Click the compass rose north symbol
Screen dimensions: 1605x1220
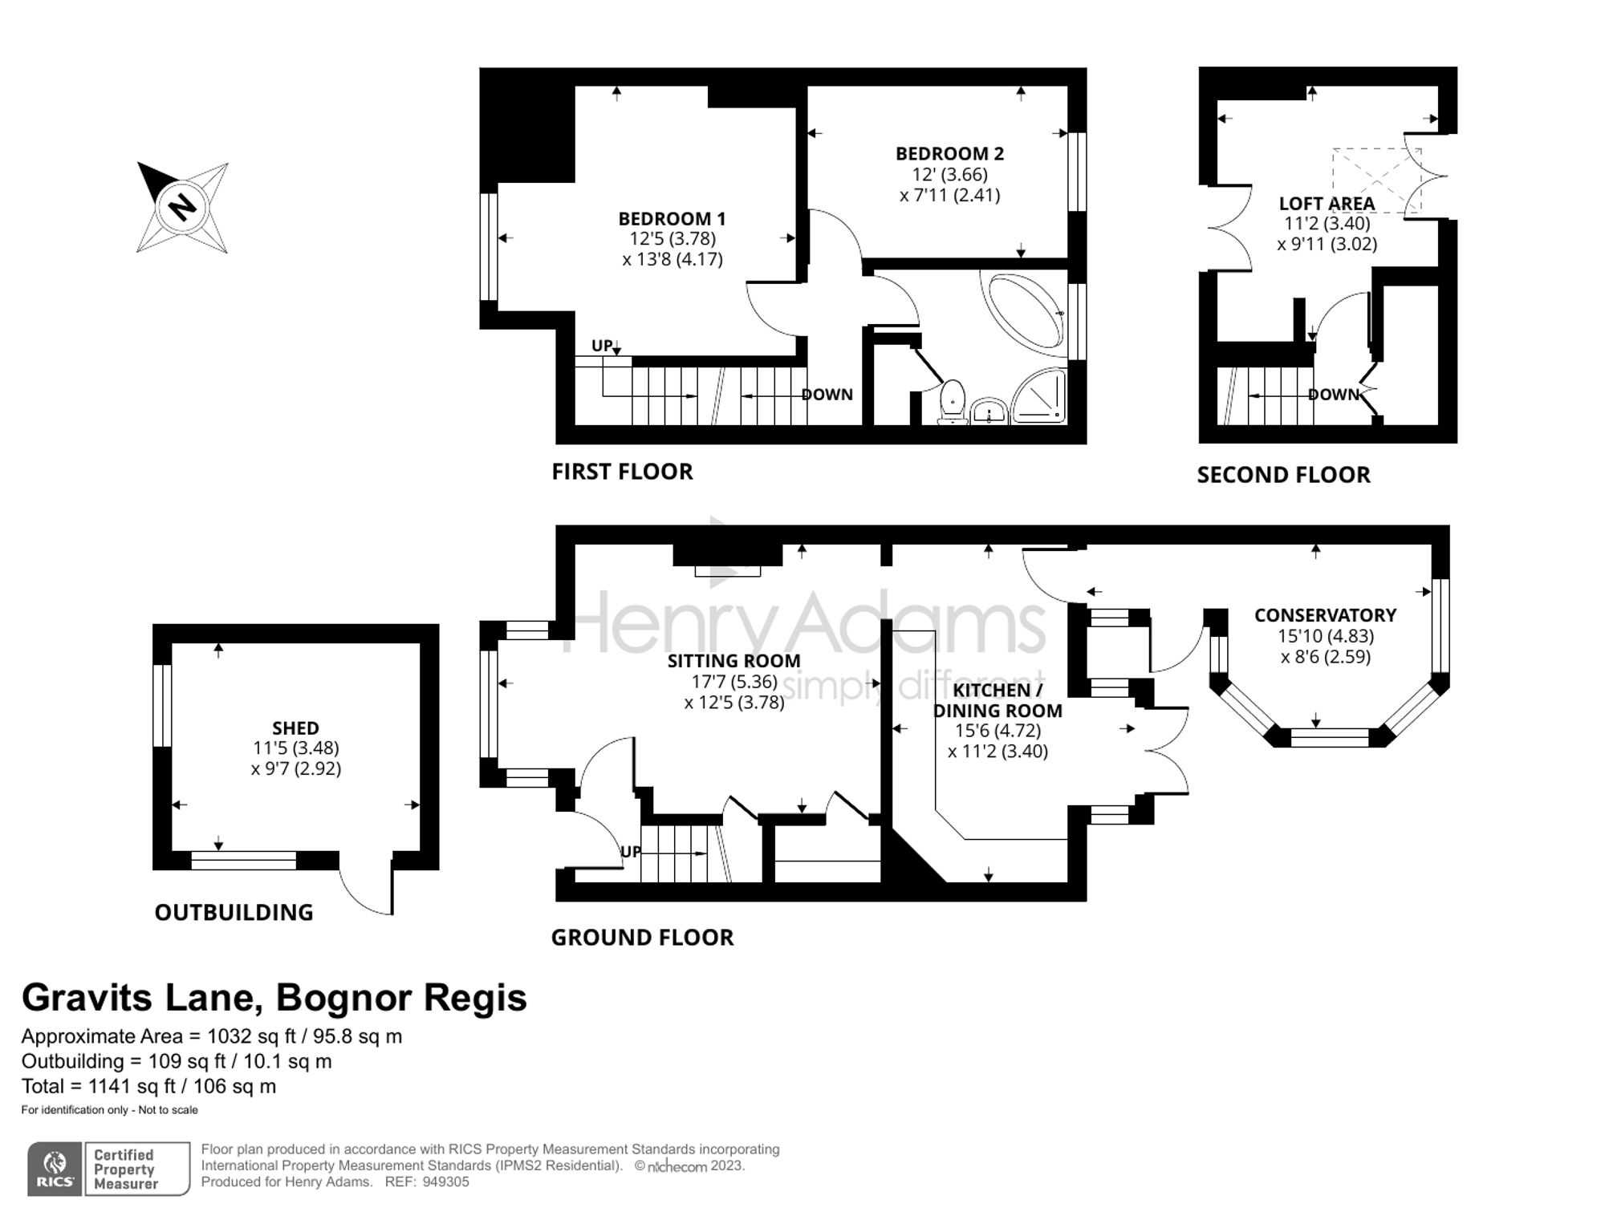click(x=182, y=208)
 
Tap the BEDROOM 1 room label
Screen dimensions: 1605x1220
click(x=672, y=218)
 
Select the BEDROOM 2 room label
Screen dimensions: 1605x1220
click(x=949, y=153)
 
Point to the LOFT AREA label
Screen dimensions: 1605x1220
click(x=1327, y=204)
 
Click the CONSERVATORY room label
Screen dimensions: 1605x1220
click(x=1325, y=615)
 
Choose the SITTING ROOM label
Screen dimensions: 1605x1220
click(x=733, y=661)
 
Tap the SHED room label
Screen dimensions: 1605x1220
click(x=295, y=728)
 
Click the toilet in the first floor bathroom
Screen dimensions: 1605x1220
click(x=953, y=401)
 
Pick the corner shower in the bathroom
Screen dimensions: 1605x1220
click(x=1040, y=396)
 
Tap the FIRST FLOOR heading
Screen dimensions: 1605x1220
click(x=622, y=472)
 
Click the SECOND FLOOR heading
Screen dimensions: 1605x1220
click(x=1283, y=475)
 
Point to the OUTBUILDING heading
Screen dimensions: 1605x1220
click(x=234, y=913)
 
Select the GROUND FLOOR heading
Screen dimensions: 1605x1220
click(x=642, y=938)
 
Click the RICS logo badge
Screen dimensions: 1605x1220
click(x=55, y=1169)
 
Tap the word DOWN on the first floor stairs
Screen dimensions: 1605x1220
click(x=827, y=395)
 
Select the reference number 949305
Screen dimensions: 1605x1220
click(x=445, y=1182)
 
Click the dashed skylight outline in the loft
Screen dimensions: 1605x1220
click(x=1376, y=181)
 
